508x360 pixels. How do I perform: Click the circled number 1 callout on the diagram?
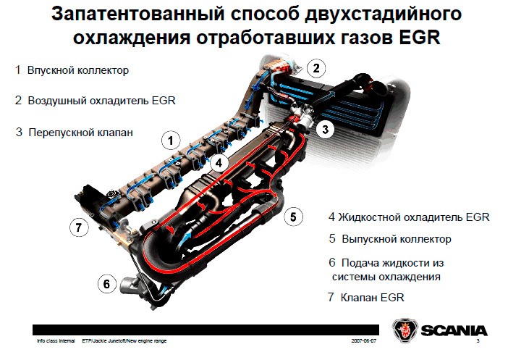(171, 141)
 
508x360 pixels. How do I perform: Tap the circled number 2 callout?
(316, 68)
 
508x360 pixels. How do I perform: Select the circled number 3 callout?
(325, 130)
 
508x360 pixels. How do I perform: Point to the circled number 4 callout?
(219, 162)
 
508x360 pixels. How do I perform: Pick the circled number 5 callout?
(293, 217)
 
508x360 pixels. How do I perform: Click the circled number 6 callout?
(107, 284)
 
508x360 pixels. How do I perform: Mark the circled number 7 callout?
(79, 227)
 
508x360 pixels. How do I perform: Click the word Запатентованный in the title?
(138, 14)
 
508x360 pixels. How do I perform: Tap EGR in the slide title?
(420, 38)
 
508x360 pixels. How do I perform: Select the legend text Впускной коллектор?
(78, 70)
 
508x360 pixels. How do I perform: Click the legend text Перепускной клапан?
(80, 133)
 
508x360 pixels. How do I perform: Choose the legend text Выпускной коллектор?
(397, 239)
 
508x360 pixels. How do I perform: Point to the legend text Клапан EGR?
(373, 298)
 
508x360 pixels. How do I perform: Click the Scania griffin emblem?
(405, 330)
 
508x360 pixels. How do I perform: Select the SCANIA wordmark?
(454, 331)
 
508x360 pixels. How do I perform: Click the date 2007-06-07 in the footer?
(364, 341)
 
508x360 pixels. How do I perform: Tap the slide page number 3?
(478, 341)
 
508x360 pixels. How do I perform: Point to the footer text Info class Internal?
(56, 341)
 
